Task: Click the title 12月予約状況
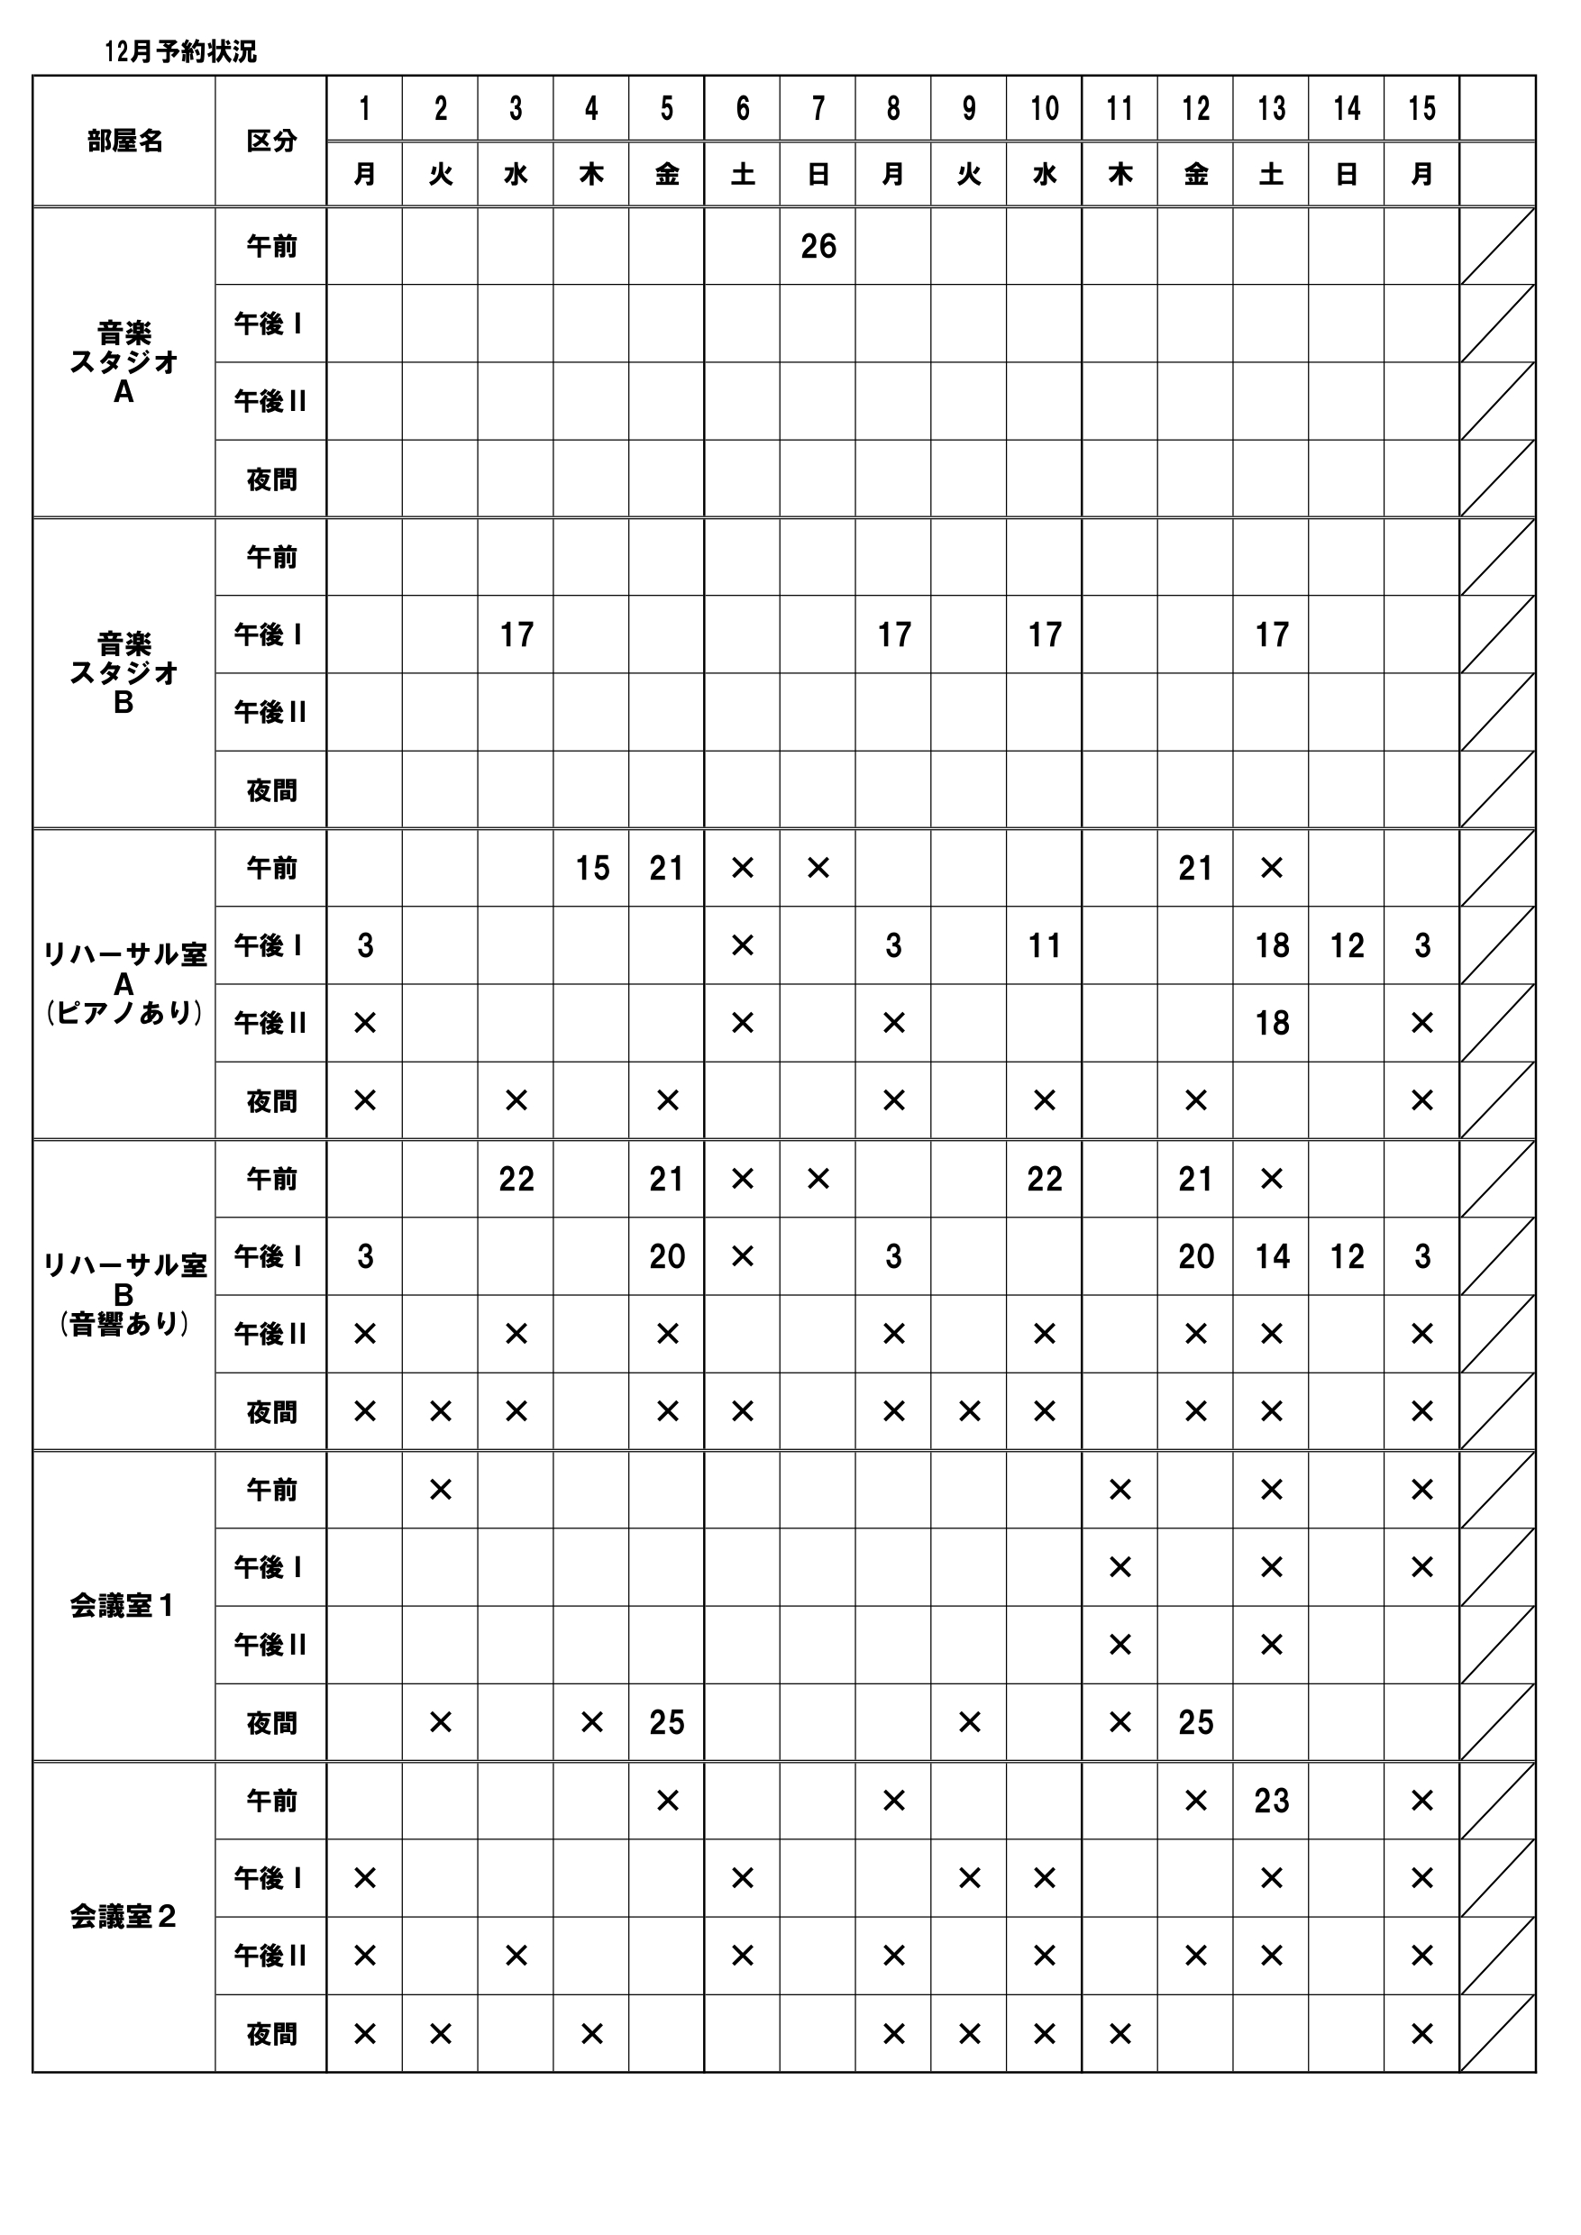click(x=180, y=51)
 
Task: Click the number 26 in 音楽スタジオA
click(x=818, y=246)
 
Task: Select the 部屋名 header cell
click(x=124, y=141)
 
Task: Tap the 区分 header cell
click(x=270, y=141)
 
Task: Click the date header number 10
click(x=1044, y=109)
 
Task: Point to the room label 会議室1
click(x=123, y=1606)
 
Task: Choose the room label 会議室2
click(x=123, y=1918)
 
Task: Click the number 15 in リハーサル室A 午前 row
click(x=592, y=868)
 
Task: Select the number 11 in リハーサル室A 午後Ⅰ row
click(x=1044, y=945)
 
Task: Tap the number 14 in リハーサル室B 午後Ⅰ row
click(x=1272, y=1256)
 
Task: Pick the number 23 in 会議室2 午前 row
click(x=1272, y=1801)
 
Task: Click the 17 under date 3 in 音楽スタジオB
click(x=516, y=634)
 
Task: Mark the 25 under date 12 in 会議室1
click(x=1195, y=1723)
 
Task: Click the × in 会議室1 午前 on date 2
click(x=440, y=1490)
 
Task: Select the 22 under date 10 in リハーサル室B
click(x=1044, y=1180)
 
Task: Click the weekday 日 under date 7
click(x=818, y=174)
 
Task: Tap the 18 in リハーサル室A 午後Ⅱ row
click(x=1272, y=1023)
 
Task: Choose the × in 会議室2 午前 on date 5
click(x=667, y=1801)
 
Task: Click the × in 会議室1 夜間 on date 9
click(x=969, y=1723)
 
